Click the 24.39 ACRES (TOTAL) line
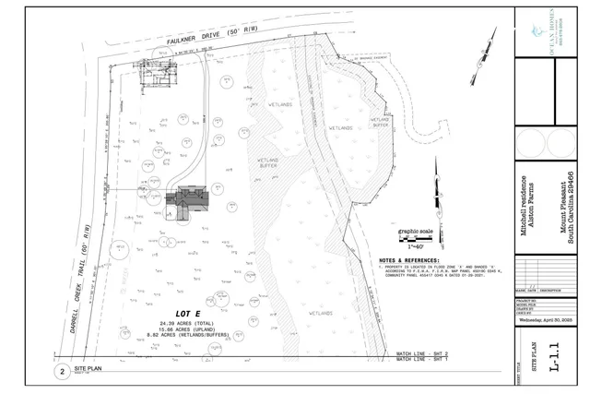(188, 322)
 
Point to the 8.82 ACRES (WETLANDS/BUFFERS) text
(188, 335)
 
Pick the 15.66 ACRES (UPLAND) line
(188, 328)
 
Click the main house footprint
(192, 200)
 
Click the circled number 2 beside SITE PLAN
(62, 371)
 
